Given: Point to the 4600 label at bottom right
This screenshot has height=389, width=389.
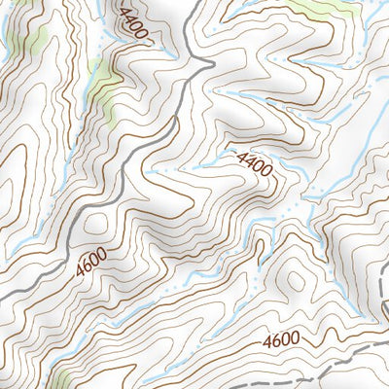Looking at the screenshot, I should click(x=283, y=341).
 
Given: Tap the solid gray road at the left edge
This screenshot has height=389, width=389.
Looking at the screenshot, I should click(x=5, y=295).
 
